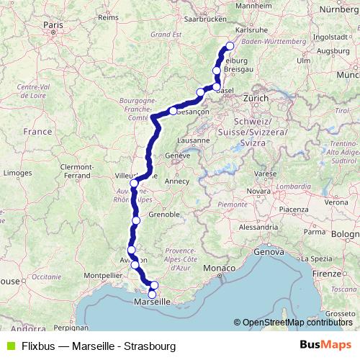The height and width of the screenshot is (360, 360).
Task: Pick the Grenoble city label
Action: point(164,215)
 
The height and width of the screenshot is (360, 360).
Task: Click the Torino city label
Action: point(235,216)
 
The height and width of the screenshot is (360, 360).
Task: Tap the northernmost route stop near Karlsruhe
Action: point(230,47)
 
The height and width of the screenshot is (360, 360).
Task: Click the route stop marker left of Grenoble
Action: point(136,220)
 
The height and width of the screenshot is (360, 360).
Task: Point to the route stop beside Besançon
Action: point(173,110)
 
